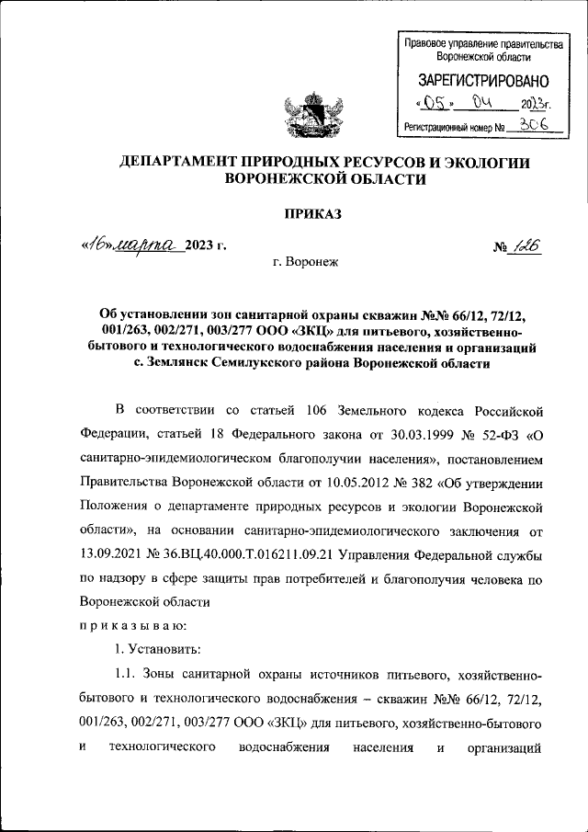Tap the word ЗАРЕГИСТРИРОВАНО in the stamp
coord(483,81)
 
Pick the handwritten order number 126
coord(526,245)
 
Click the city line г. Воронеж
coord(307,262)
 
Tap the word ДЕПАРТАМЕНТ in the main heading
coord(183,162)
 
